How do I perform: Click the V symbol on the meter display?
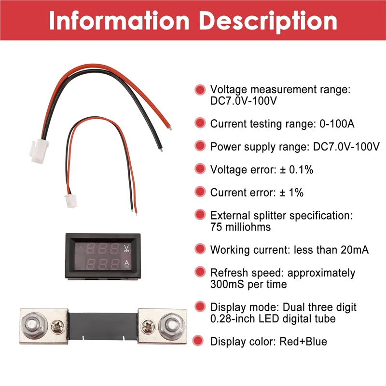pyautogui.click(x=126, y=249)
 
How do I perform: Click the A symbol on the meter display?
pyautogui.click(x=126, y=263)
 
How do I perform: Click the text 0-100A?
pyautogui.click(x=337, y=124)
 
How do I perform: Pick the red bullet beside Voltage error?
pyautogui.click(x=200, y=169)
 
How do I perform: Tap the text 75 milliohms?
pyautogui.click(x=240, y=227)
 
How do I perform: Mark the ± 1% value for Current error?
pyautogui.click(x=291, y=193)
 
